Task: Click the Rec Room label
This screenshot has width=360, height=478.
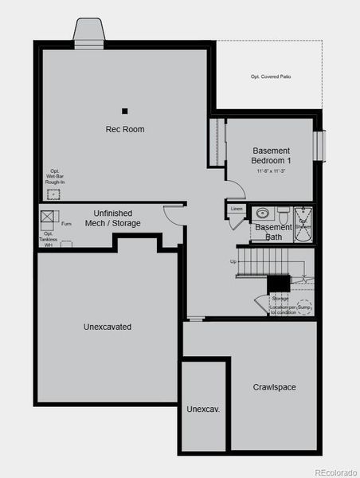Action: (125, 129)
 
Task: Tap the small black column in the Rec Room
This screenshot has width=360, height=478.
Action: (125, 111)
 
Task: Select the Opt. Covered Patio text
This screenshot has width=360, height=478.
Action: (270, 76)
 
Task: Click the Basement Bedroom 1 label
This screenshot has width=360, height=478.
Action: (271, 155)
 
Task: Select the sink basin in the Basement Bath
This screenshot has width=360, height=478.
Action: (262, 214)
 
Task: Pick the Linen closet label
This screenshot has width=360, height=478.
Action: (237, 209)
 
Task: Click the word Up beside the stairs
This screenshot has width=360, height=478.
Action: (233, 261)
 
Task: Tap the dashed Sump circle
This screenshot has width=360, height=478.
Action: (303, 305)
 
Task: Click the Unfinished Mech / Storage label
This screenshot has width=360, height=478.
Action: (117, 218)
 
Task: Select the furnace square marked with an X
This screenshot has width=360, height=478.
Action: (49, 215)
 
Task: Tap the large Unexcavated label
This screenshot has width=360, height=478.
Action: (108, 327)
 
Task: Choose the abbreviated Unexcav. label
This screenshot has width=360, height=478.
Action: (203, 409)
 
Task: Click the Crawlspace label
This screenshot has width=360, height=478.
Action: (275, 387)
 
